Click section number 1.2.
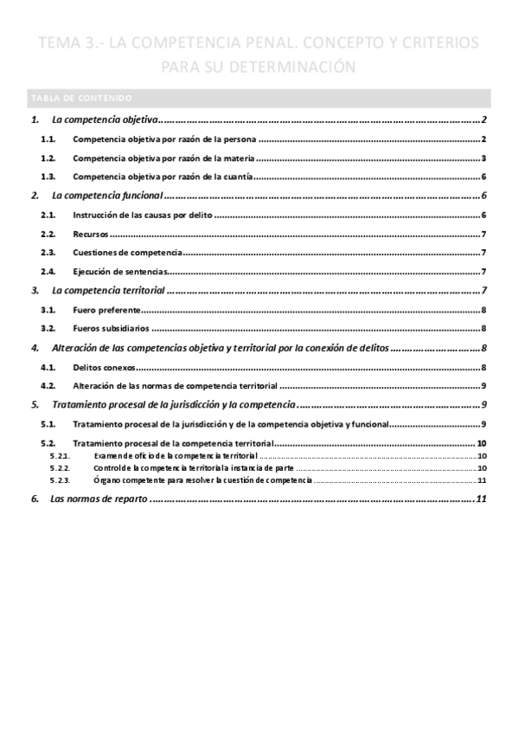pos(48,158)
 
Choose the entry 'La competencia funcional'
pos(107,196)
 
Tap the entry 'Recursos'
pos(91,234)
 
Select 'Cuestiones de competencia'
pos(127,253)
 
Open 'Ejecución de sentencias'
pos(121,272)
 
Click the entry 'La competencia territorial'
pos(108,291)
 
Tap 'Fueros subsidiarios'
pos(112,329)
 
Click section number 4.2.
pos(48,386)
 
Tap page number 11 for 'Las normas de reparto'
pos(482,499)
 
